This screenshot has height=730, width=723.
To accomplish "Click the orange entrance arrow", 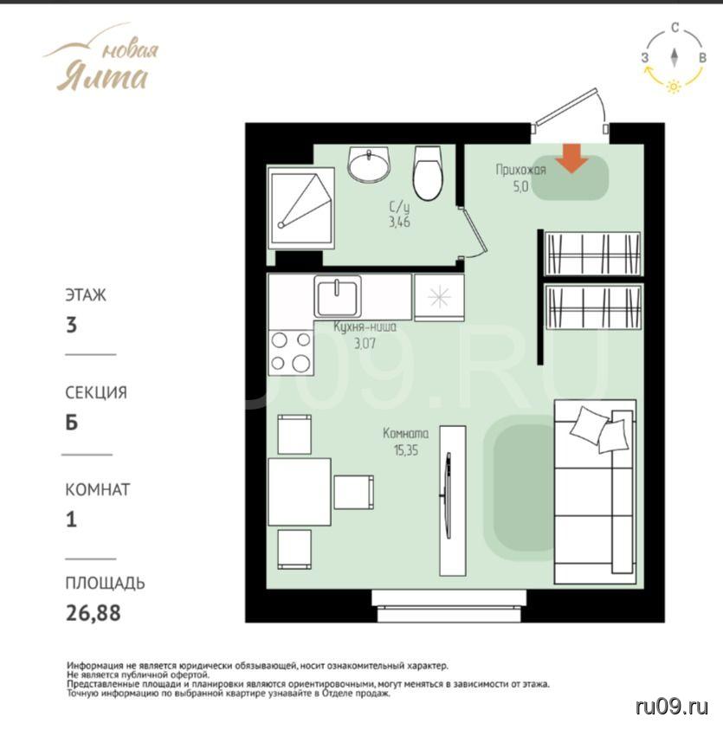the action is pos(572,158).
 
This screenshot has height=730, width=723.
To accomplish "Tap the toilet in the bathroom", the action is pos(428,173).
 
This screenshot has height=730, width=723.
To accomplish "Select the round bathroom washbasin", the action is pos(369,165).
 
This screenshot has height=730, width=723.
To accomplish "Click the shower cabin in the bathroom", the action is pos(301,206).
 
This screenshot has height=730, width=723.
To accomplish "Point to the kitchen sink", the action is pos(338,296).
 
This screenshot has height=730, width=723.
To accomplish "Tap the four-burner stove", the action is pos(291,352).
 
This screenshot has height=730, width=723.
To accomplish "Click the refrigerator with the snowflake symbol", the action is pos(439,298).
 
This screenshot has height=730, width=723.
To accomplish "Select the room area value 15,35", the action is pos(406,450).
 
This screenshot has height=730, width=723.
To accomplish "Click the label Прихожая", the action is pos(520,170).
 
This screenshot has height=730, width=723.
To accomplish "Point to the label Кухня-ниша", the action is pos(365,326).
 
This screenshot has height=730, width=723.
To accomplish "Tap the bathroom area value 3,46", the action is pos(399,222).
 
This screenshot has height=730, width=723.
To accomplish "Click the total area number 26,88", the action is pos(94,613).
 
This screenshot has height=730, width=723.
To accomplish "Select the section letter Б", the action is pos(71,423).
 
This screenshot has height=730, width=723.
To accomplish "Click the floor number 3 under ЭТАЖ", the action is pos(71,325).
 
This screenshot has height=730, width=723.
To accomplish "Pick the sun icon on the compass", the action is pos(674,86).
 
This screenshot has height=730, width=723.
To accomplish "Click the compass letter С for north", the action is pos(675,28).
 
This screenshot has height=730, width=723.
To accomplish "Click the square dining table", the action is pos(300,492).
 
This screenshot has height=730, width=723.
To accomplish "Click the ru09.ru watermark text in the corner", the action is pos(672,707).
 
